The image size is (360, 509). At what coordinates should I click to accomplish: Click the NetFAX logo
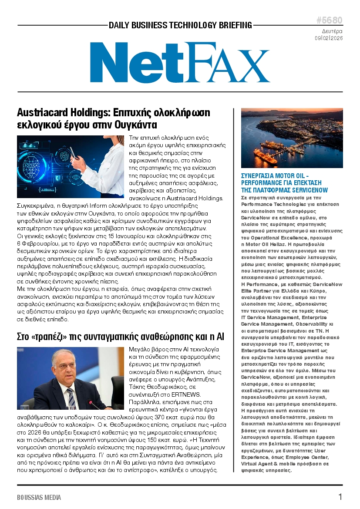(179, 62)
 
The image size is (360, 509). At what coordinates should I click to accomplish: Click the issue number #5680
(329, 21)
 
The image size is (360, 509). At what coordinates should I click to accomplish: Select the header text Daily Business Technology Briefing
(180, 25)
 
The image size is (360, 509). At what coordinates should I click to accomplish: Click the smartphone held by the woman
(73, 152)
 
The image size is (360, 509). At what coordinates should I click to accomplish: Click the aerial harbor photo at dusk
(292, 138)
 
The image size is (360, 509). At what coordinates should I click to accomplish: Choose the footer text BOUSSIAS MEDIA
(39, 497)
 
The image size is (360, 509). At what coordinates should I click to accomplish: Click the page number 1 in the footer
(340, 497)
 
